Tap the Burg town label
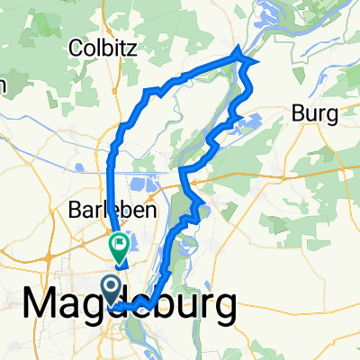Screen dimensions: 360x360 click(x=314, y=114)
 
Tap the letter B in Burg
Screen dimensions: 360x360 click(x=297, y=114)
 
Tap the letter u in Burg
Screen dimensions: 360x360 click(x=310, y=115)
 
